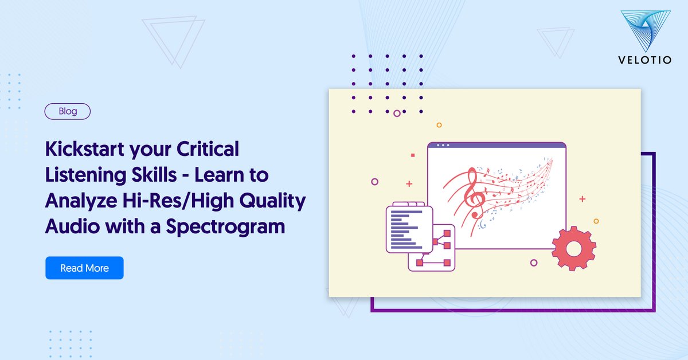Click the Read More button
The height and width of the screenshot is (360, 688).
[x=84, y=268]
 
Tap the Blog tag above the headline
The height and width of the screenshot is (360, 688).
[x=68, y=111]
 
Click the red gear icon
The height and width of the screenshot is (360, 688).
[x=573, y=248]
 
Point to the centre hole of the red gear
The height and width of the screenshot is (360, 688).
[x=573, y=249]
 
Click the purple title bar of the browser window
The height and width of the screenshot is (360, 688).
[x=497, y=146]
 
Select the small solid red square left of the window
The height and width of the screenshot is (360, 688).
[x=412, y=155]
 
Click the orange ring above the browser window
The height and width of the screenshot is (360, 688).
[x=439, y=124]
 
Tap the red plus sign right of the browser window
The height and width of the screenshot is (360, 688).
[x=583, y=199]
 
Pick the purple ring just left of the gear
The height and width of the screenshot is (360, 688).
[x=534, y=263]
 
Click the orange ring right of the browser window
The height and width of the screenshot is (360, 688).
[x=596, y=221]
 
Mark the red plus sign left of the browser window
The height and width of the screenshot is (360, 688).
[x=409, y=184]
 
